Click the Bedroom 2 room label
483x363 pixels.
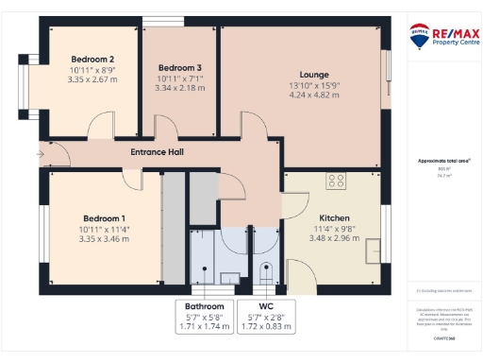(92, 59)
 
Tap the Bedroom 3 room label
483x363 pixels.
(179, 68)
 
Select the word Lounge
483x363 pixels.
(314, 74)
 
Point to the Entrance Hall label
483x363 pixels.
(157, 152)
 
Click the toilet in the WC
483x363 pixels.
(266, 273)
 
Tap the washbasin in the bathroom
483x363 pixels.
(228, 277)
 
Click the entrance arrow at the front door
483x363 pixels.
(41, 152)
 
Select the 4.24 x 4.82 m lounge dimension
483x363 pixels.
(314, 95)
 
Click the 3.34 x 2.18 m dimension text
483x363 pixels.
(179, 88)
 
